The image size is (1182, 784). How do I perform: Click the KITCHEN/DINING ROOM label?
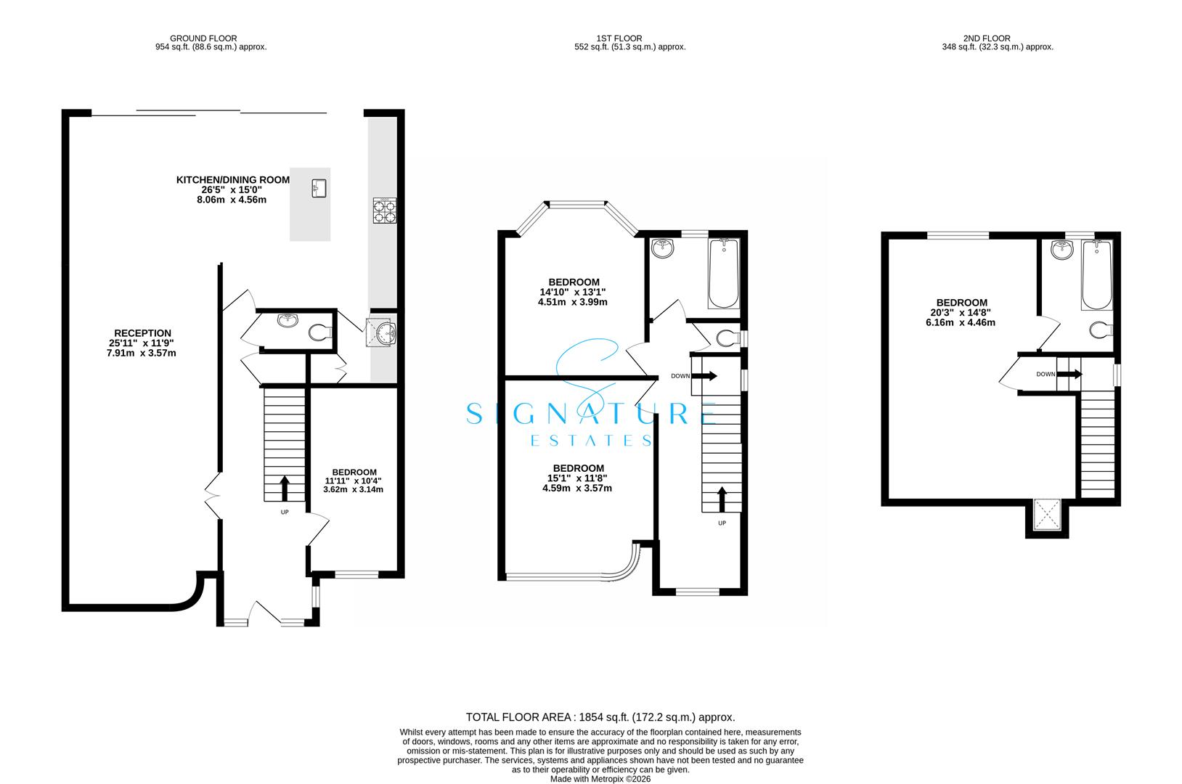point(233,180)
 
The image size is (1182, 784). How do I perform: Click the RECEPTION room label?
point(142,333)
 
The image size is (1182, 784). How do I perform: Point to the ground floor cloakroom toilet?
point(319,333)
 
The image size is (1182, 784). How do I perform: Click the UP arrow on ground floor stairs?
point(284,488)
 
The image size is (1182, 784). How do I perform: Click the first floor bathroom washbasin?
point(662,248)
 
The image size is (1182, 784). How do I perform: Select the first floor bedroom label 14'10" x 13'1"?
point(573,293)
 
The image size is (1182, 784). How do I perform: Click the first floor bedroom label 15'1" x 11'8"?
point(578,478)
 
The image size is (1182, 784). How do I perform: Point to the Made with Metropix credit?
point(600,778)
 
